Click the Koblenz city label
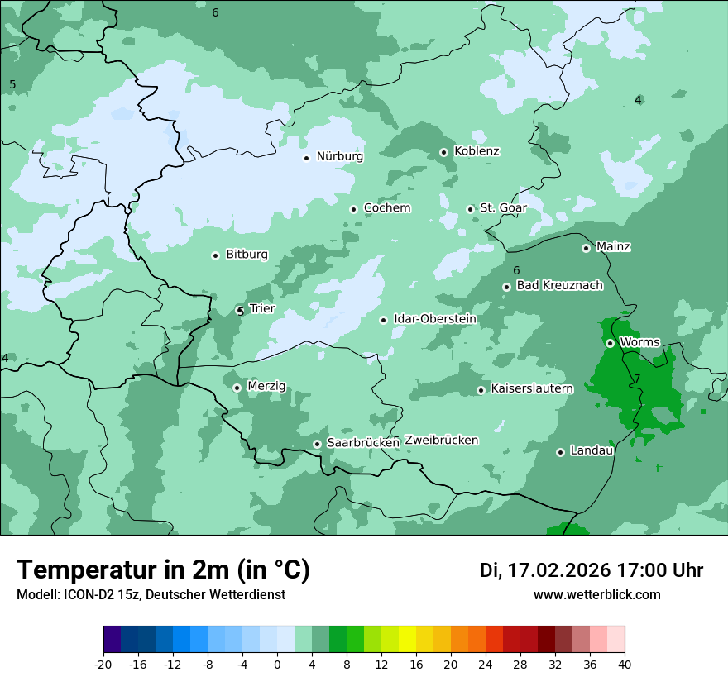coord(477,151)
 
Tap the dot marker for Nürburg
coord(306,158)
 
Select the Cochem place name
coord(386,208)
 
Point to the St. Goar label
coord(503,208)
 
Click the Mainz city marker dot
coord(586,248)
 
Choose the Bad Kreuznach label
coord(559,285)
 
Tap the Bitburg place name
coord(247,255)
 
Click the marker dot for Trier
coord(240,311)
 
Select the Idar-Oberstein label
coord(434,319)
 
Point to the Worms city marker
coord(610,343)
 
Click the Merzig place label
coord(266,386)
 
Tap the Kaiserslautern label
coord(531,388)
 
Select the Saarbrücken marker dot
coord(317,444)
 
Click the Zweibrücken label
coord(441,441)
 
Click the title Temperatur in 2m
coord(163,569)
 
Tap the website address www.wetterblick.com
coord(596,595)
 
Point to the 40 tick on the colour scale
coord(625,665)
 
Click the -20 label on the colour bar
coord(103,665)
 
